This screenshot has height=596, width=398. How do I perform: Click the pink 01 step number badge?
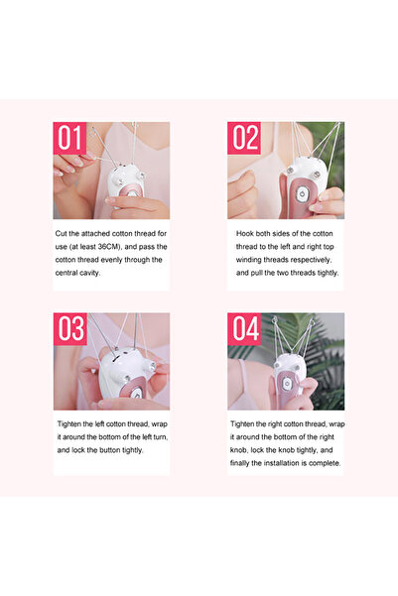[69, 138]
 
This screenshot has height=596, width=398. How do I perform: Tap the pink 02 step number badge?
[244, 138]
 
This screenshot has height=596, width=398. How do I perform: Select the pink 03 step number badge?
[70, 329]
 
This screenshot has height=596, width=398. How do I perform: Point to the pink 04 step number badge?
[244, 329]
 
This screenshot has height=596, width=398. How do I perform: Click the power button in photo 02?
[302, 194]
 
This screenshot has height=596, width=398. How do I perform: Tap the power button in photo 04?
[287, 384]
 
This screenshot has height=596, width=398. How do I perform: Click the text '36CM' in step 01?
[109, 247]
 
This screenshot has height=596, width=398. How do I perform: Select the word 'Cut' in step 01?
[61, 233]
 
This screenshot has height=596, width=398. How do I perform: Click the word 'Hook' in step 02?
[245, 233]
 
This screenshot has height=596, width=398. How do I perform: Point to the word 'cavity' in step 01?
[89, 273]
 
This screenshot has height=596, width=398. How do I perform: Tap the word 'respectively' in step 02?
[311, 260]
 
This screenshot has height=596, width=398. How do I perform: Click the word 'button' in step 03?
[110, 450]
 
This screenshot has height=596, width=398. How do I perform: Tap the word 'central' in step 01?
[66, 273]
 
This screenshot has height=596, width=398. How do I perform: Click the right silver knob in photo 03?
[153, 366]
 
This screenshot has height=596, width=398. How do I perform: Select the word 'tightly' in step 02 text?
[328, 273]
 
